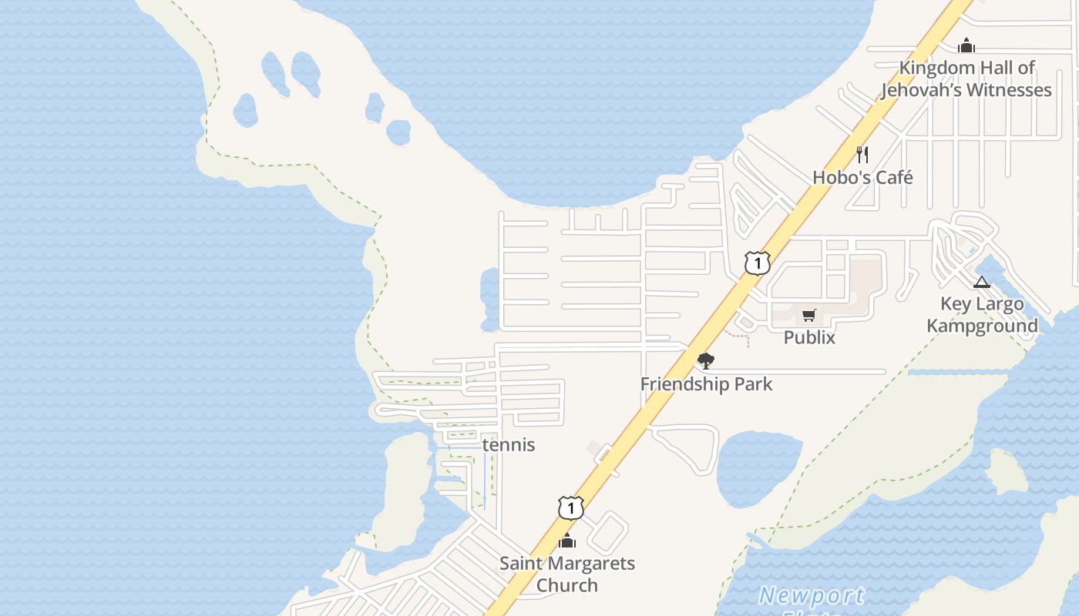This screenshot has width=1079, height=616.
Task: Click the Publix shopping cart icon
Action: tap(808, 315)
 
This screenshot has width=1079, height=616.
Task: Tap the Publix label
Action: tap(809, 337)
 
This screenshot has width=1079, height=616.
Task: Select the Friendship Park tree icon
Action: tap(705, 360)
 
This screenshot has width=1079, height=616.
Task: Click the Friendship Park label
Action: tap(706, 383)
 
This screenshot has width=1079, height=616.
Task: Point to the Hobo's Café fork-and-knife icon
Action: tap(862, 155)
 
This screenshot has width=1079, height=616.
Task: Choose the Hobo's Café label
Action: tap(862, 177)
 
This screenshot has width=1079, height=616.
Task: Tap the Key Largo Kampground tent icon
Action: tap(981, 282)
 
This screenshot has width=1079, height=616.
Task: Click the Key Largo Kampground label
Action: tap(982, 314)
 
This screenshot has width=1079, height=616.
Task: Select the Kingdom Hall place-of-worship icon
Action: tap(966, 45)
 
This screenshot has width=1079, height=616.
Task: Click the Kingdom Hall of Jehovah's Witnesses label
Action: tap(966, 79)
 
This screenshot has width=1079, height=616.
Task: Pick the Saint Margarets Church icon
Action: tap(567, 541)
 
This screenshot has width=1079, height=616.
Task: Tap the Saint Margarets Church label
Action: tap(567, 574)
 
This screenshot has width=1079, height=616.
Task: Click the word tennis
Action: tap(509, 445)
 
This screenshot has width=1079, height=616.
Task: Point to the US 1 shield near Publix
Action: tap(758, 263)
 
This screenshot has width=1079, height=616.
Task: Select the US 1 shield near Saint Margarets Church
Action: tap(570, 507)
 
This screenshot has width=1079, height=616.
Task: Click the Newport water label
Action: tap(811, 595)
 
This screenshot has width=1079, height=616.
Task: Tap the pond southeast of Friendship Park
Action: tap(755, 466)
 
